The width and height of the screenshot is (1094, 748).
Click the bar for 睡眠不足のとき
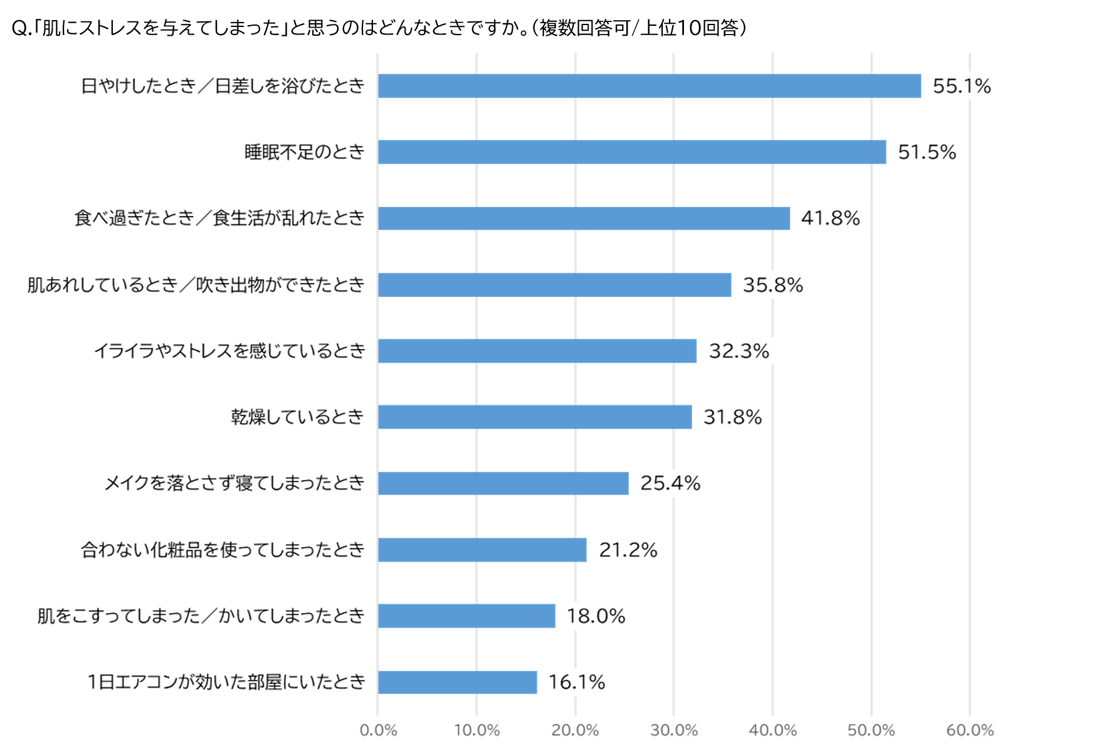click(632, 152)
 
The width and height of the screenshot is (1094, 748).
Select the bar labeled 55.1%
click(650, 86)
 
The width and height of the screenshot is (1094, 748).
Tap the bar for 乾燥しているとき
click(535, 417)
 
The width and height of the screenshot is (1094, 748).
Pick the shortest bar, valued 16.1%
click(458, 682)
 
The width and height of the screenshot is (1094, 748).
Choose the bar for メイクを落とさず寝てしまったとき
click(503, 483)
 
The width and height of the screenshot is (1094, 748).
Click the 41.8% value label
click(831, 218)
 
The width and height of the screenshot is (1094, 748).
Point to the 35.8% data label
click(773, 285)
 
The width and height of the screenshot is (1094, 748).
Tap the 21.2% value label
click(628, 550)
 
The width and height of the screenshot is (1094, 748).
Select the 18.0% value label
click(596, 616)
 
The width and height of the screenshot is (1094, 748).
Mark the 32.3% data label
click(739, 351)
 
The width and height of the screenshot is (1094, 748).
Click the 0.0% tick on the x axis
click(378, 730)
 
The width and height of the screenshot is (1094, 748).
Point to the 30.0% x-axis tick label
click(674, 730)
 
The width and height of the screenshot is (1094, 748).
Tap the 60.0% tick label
click(970, 730)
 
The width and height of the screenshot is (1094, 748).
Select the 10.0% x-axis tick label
click(476, 730)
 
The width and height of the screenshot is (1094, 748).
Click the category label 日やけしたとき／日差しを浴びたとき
click(223, 86)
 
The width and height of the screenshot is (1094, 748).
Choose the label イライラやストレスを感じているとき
click(229, 351)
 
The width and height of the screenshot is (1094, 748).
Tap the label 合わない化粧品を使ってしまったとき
click(223, 550)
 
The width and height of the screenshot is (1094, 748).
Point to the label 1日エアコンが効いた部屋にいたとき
click(226, 682)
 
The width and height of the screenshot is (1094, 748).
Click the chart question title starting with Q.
click(379, 28)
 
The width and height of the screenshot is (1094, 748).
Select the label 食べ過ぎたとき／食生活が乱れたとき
click(219, 218)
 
